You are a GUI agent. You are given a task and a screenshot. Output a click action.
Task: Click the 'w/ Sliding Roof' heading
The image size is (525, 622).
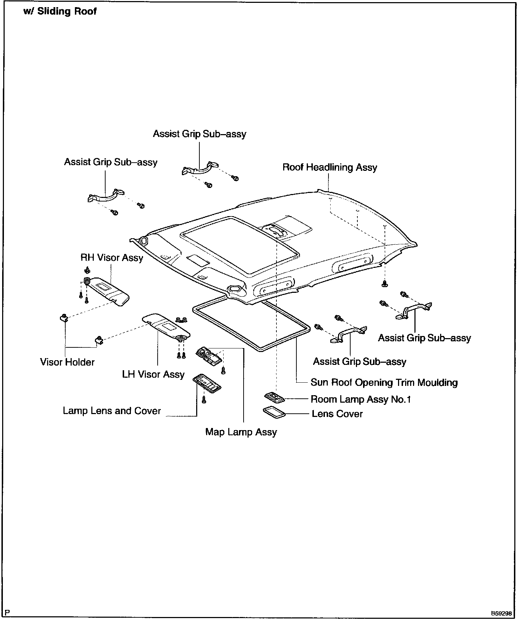coord(60,11)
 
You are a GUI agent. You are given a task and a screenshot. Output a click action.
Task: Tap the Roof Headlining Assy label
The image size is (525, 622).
coord(330,167)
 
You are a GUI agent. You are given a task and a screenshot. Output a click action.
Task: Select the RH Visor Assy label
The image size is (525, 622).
coord(112,258)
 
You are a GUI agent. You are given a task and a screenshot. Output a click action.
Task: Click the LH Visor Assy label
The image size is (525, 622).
coord(153,374)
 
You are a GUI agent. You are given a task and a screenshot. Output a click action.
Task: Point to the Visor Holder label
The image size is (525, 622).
coord(67,362)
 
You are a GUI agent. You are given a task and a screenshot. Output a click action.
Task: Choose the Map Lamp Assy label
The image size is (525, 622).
coord(241,432)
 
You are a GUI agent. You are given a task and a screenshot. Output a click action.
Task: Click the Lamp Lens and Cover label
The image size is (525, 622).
coord(112,411)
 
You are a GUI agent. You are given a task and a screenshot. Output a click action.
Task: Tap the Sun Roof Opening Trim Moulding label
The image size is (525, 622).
coord(384,383)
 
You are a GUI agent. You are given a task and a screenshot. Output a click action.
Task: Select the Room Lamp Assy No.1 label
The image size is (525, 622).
coord(361,399)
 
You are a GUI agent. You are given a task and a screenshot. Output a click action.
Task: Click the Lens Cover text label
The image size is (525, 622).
coord(337,414)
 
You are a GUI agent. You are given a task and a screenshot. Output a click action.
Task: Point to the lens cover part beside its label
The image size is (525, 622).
coord(274,412)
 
